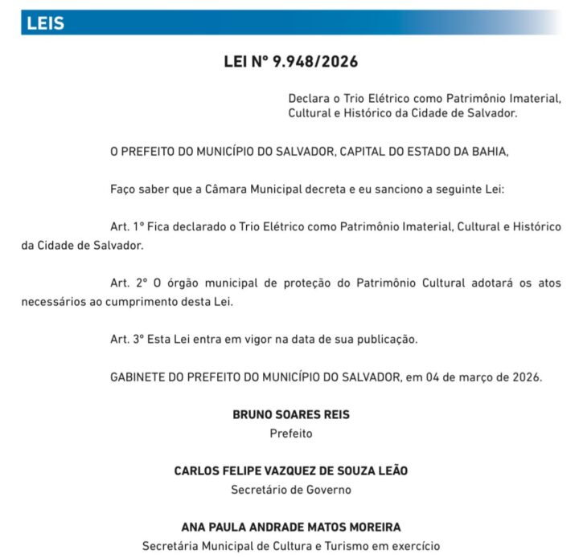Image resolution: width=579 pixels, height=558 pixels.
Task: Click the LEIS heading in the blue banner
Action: (x=45, y=23)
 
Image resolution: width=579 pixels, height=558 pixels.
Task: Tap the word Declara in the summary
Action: (x=310, y=98)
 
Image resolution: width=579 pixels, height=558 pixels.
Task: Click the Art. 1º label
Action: (x=129, y=228)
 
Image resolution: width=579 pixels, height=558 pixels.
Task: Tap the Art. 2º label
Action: (x=129, y=284)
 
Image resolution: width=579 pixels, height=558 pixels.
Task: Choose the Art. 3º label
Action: (x=129, y=339)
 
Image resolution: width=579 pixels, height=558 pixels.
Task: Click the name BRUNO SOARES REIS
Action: (x=291, y=415)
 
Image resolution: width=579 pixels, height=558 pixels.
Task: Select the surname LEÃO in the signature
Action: (x=390, y=471)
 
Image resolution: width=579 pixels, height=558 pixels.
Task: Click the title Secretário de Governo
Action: (x=291, y=489)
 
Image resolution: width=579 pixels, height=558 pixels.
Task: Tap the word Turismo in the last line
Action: (x=343, y=545)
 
